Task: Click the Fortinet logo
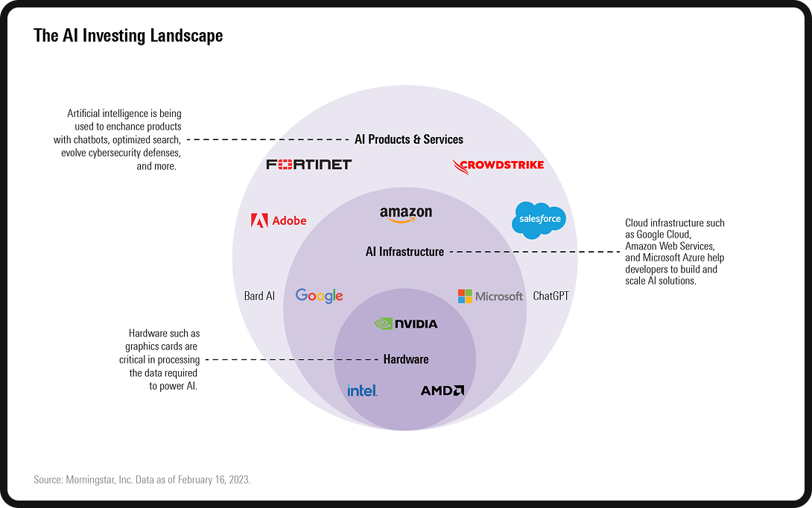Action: (308, 164)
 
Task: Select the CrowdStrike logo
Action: (498, 165)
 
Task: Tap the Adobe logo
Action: (279, 220)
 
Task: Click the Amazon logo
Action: (406, 215)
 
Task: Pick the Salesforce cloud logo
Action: (539, 220)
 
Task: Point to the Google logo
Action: (319, 296)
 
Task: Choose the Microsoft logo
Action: (490, 296)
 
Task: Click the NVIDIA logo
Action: (406, 324)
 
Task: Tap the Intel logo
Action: (362, 390)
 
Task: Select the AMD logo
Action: (443, 390)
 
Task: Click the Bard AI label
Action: (259, 296)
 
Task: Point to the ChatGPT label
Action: (551, 296)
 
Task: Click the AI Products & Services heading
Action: (409, 139)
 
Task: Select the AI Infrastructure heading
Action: (405, 252)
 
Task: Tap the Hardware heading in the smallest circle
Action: (406, 359)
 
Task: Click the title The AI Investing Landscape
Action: (128, 36)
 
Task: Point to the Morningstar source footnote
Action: (142, 480)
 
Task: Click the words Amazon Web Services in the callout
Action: (670, 246)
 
